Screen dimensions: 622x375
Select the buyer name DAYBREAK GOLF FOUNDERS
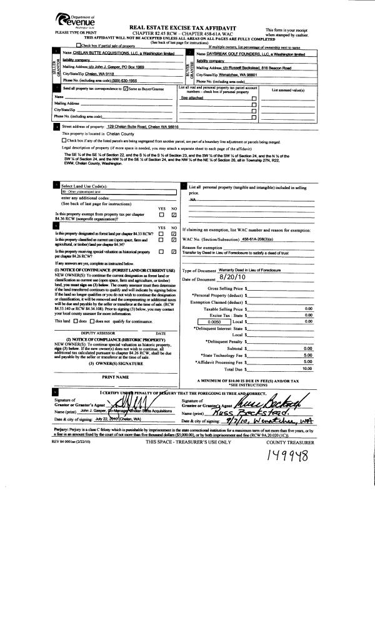tap(241, 54)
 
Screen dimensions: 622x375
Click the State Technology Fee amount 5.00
tap(307, 355)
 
